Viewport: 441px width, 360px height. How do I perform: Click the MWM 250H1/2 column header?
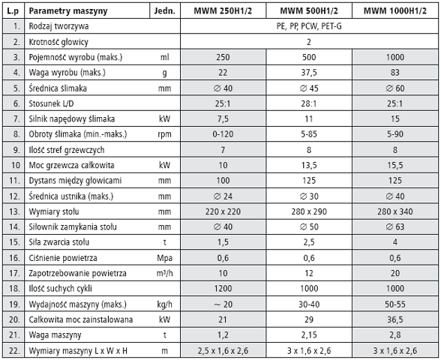(223, 11)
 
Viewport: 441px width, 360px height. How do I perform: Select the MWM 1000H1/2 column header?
(394, 11)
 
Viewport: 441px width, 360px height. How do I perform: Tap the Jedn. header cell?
(164, 11)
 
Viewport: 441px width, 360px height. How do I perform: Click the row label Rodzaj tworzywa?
(58, 26)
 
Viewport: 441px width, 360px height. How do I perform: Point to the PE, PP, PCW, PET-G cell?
(309, 26)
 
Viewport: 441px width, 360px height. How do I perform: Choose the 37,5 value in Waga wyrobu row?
(309, 73)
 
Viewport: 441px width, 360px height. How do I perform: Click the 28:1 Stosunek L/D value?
(309, 103)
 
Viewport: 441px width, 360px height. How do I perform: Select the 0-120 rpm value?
(223, 134)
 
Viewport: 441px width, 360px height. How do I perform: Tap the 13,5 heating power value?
(309, 165)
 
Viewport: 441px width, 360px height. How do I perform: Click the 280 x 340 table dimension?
(394, 211)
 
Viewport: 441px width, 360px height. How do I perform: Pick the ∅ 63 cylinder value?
(394, 226)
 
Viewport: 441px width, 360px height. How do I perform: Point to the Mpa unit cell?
(164, 258)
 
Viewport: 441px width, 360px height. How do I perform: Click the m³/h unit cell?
(164, 273)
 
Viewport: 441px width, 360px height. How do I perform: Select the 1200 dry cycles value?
(223, 289)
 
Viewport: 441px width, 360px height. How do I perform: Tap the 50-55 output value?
(394, 304)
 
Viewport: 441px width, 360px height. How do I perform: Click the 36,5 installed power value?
(394, 319)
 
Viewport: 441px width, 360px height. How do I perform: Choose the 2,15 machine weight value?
(309, 334)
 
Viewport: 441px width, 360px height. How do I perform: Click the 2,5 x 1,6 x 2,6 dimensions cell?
(223, 351)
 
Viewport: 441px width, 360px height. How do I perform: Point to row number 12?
(14, 196)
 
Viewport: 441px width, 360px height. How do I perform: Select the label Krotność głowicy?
(58, 42)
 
